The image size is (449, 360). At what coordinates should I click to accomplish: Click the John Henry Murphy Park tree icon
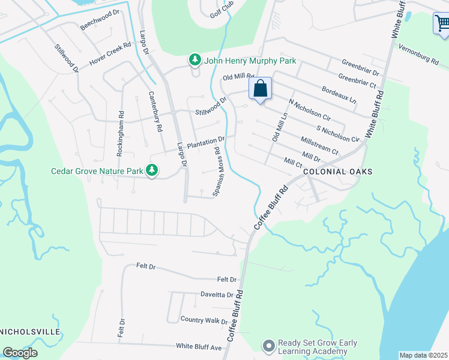(194, 60)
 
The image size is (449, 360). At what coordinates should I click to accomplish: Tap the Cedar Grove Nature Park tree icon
(152, 171)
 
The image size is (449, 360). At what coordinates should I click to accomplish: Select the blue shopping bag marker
(261, 89)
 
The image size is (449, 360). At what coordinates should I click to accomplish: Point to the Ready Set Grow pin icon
(268, 346)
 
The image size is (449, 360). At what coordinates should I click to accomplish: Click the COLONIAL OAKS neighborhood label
(338, 172)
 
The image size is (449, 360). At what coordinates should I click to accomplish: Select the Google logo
(20, 353)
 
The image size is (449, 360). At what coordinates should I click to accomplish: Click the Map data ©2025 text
(423, 355)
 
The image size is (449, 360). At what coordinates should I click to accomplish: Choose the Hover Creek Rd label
(110, 54)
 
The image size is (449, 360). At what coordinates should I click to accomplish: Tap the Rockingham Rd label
(120, 133)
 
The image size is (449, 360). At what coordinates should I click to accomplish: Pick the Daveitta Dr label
(217, 295)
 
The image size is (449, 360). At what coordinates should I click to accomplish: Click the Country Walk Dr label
(204, 320)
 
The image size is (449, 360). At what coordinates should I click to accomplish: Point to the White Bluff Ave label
(199, 346)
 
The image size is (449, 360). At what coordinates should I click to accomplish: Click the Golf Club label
(221, 13)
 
